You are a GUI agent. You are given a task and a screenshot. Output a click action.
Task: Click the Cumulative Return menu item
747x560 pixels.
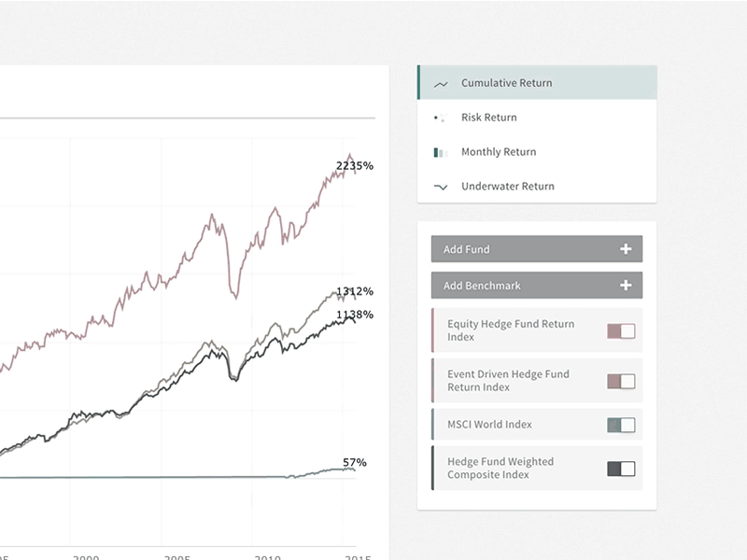coord(506,83)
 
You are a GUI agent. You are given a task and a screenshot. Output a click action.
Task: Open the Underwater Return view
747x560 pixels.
coord(507,187)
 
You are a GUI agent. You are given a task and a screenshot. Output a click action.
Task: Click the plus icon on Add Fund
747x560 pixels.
coord(626,249)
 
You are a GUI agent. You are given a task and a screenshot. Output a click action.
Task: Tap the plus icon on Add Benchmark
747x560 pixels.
coord(626,286)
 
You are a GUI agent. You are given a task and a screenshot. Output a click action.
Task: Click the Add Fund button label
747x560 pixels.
coord(467,249)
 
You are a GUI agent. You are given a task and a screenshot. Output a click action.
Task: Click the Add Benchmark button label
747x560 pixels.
coord(482,286)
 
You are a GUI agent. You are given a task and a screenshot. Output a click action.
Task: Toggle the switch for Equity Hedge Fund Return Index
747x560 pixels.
coord(621,331)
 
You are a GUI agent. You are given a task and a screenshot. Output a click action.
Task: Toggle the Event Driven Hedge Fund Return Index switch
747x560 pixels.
coord(621,381)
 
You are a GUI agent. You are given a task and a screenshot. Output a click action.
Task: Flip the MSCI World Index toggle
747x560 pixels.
coord(621,425)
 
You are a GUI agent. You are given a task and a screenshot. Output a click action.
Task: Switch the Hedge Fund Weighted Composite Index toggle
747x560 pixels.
coord(621,469)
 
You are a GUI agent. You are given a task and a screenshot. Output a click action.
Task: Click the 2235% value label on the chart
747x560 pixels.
coord(355,166)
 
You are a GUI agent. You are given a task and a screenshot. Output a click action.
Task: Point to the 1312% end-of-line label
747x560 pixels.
coord(355,291)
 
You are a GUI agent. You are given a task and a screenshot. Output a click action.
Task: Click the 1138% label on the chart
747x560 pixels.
coord(355,315)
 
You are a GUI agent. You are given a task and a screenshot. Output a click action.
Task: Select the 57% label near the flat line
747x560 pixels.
coord(355,462)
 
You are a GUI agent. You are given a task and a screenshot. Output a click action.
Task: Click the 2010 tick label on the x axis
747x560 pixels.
coord(268,556)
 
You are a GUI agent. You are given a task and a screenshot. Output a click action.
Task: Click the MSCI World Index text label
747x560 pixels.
coord(489,425)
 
